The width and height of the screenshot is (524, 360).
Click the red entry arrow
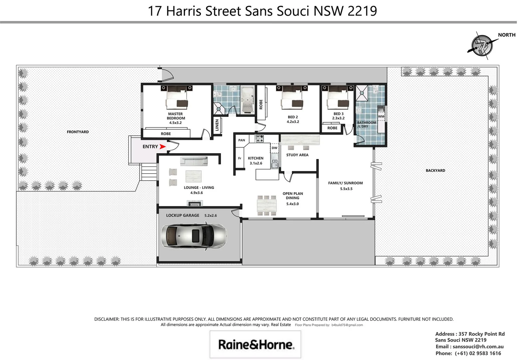163,147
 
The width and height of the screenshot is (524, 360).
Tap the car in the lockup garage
194,236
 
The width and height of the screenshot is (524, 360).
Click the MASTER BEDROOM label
176,116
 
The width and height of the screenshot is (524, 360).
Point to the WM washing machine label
381,116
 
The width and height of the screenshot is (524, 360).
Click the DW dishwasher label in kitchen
274,148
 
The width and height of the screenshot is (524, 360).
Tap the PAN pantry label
242,140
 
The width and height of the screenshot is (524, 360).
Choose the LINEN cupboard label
217,125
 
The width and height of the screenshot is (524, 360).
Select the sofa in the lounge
194,161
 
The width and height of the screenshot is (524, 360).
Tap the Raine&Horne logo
256,344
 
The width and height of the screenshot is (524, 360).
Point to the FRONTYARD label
78,132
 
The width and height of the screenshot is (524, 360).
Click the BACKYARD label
435,170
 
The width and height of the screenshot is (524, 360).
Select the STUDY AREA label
297,155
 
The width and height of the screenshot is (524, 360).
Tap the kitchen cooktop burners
259,138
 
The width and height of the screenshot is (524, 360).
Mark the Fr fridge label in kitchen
239,158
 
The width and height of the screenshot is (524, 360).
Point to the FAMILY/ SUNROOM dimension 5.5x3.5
346,189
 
